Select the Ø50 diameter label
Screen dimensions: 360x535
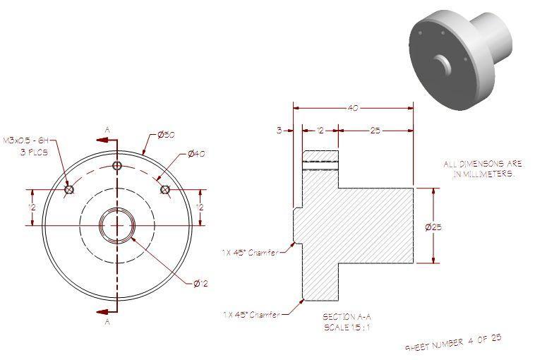(x=166, y=135)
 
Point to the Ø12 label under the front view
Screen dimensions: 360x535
(x=202, y=284)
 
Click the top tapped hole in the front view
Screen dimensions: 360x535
(x=117, y=165)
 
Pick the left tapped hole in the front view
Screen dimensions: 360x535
(x=69, y=189)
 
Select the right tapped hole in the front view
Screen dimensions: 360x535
(x=166, y=189)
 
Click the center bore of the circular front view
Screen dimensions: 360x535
(x=117, y=225)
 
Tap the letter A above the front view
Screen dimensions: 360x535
(x=107, y=129)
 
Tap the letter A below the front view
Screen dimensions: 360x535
(x=107, y=322)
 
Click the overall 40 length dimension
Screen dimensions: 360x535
(x=352, y=108)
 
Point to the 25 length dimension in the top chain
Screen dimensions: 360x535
(x=375, y=131)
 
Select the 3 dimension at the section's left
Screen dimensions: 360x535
(x=279, y=131)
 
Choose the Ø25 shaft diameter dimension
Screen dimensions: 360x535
(x=433, y=227)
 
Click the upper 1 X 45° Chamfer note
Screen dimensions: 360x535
(x=248, y=251)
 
